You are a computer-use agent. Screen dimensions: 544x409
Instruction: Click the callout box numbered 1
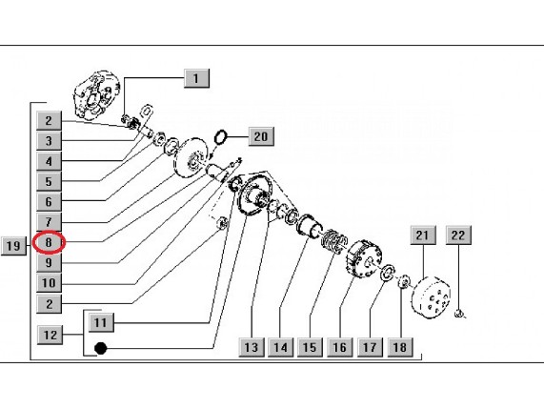196,78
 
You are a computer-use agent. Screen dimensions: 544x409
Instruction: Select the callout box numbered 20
261,136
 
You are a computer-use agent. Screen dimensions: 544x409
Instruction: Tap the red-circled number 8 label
49,242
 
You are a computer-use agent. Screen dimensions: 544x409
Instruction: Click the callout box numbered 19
13,246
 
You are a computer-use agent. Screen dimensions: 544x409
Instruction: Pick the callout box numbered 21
423,235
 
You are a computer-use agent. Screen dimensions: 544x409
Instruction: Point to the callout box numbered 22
458,235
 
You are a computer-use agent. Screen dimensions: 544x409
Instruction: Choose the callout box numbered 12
50,335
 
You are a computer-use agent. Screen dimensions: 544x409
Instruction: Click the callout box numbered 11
101,322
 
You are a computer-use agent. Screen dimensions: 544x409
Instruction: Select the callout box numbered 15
310,347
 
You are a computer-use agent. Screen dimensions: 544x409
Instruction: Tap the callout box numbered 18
400,347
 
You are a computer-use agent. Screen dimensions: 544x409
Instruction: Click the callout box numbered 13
252,347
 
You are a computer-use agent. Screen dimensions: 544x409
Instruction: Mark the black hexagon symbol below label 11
101,348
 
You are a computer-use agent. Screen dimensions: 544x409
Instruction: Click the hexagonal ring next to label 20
220,137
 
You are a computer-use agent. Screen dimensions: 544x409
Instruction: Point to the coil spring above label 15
333,240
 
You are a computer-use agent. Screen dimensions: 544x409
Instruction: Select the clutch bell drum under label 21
431,297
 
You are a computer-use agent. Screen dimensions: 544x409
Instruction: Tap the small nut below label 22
458,314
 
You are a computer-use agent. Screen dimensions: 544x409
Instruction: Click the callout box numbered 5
49,181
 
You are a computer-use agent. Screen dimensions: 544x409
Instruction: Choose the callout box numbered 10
49,283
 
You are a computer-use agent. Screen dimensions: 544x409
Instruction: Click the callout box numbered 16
340,347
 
